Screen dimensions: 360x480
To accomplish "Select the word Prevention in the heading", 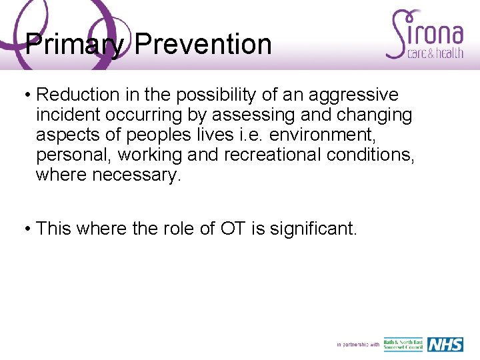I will tap(203, 45).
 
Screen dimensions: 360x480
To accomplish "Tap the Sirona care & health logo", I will tap(425, 35).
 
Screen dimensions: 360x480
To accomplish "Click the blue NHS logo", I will tap(445, 345).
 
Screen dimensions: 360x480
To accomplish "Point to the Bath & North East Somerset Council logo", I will tap(403, 345).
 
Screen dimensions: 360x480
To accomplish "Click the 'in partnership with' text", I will tap(358, 345).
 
